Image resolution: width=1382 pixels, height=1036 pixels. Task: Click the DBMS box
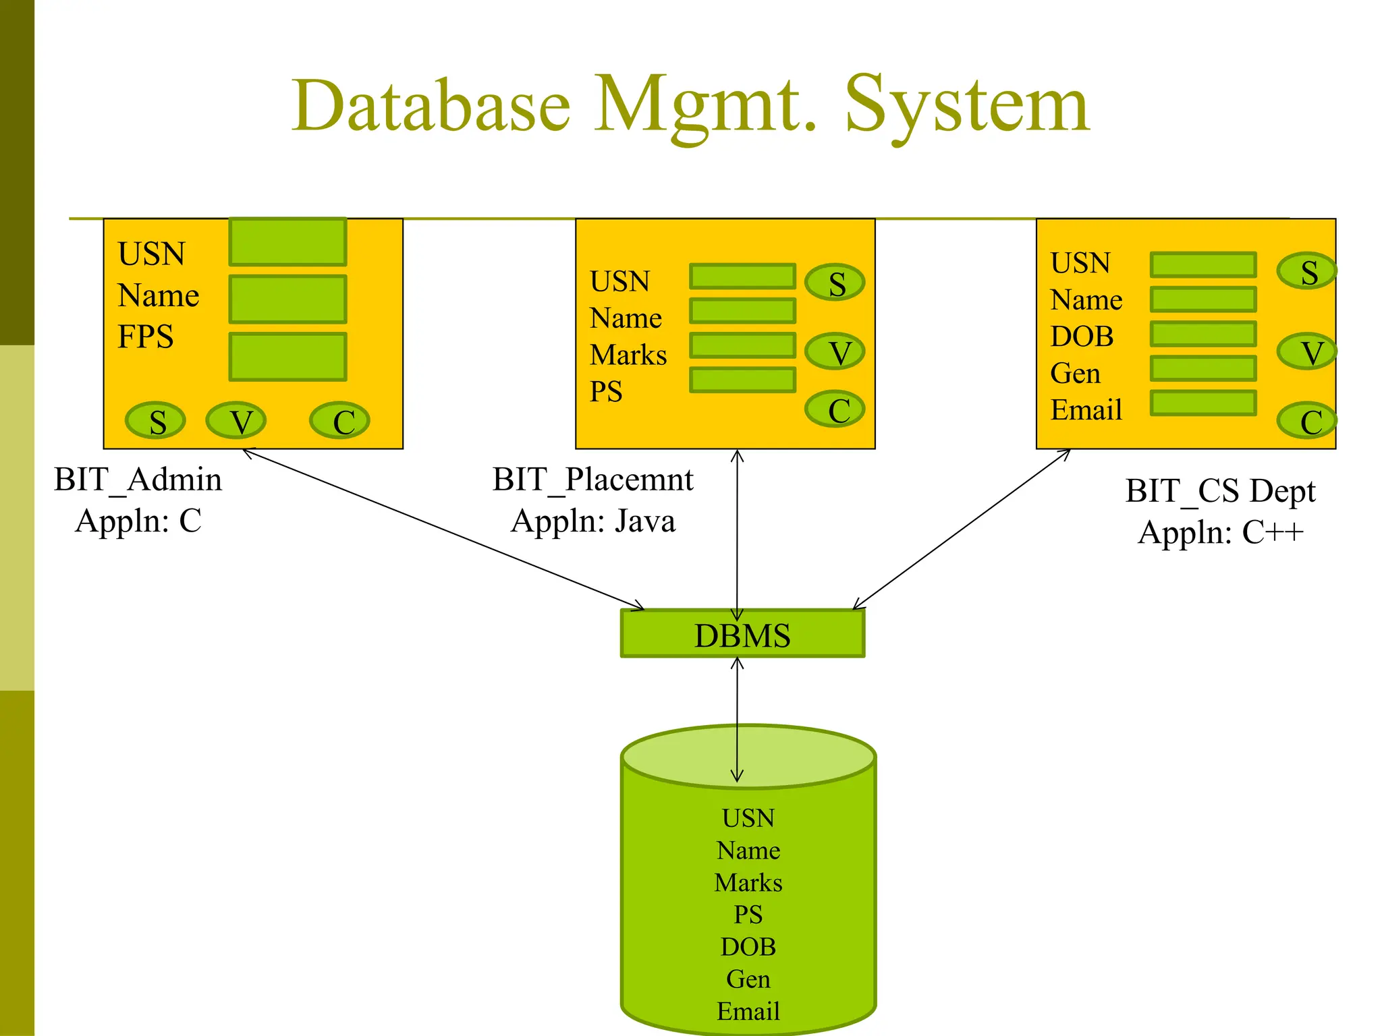742,634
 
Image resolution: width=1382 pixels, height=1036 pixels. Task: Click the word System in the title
966,107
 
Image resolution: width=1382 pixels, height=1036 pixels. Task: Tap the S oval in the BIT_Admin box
156,421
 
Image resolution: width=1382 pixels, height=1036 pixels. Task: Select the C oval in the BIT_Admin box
340,421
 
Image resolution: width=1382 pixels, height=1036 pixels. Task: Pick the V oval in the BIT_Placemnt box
835,351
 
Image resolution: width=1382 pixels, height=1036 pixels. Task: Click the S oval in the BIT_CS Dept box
1306,271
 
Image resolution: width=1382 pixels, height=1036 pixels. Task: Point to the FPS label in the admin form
145,336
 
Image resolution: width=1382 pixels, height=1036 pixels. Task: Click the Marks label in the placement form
628,355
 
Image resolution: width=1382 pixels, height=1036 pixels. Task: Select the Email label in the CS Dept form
1086,409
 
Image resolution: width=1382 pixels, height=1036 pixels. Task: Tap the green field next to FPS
287,356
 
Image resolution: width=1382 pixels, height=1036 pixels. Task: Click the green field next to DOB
1203,334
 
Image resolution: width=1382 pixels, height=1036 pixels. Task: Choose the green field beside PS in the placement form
742,380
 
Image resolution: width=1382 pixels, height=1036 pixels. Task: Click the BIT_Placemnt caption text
592,480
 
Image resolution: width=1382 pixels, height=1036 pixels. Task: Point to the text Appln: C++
1220,532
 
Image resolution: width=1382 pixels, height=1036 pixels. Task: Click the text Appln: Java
592,521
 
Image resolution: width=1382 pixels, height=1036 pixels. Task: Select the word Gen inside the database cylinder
748,979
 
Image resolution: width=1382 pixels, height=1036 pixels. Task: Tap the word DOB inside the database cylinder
748,947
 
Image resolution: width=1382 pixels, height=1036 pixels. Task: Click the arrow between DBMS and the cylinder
737,718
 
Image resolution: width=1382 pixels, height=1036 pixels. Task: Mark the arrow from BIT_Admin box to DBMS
442,529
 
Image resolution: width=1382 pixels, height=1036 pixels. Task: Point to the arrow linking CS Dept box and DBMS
962,529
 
